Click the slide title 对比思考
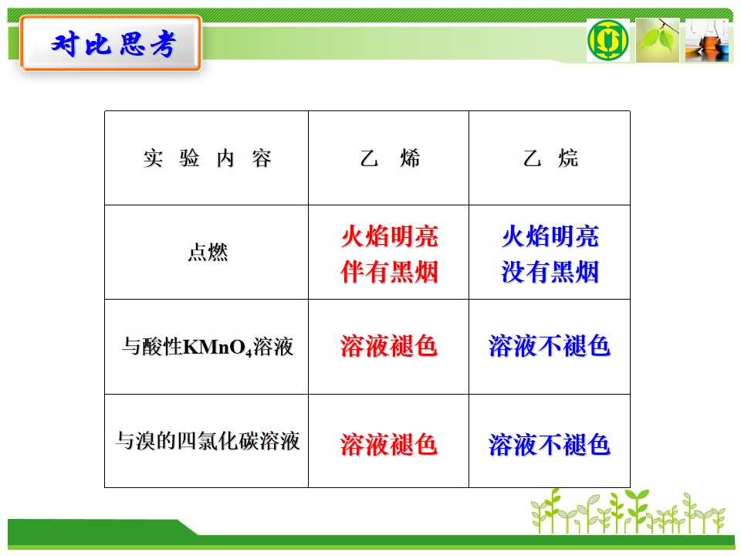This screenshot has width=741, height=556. [x=113, y=45]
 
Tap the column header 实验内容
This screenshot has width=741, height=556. [x=207, y=158]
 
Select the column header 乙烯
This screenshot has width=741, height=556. [x=390, y=158]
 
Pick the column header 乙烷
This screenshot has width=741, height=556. [x=550, y=158]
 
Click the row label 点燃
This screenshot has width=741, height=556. [x=208, y=252]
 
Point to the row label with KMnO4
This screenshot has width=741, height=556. [x=208, y=347]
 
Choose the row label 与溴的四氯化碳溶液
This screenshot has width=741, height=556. [x=208, y=441]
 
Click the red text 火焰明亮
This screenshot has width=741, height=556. [x=390, y=236]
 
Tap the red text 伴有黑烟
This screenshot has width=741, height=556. [x=390, y=272]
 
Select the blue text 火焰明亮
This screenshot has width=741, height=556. [x=550, y=236]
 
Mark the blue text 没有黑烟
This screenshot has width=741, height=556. [x=550, y=272]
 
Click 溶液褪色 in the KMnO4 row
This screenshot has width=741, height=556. [x=389, y=346]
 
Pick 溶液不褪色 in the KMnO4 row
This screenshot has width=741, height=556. [x=550, y=346]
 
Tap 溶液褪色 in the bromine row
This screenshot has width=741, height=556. [x=389, y=445]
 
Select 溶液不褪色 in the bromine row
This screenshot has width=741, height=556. [x=550, y=445]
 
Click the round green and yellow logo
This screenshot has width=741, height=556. [x=607, y=40]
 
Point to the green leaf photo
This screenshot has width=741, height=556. [x=658, y=40]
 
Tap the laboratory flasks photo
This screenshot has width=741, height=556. [x=707, y=40]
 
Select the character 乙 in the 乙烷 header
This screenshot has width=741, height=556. [x=532, y=158]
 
